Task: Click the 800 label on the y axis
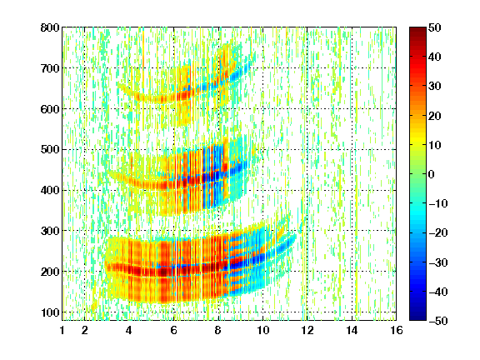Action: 50,27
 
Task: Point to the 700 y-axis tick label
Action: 50,68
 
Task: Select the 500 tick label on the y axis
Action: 50,150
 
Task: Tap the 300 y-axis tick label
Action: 50,231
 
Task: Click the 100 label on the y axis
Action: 50,312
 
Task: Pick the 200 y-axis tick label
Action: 50,272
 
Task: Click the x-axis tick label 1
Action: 62,330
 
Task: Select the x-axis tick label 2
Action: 84,330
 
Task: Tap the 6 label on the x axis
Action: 173,330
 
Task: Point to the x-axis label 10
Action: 262,330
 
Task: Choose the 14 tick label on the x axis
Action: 352,330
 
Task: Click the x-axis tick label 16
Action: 397,330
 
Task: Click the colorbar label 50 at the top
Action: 434,27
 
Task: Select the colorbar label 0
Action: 431,174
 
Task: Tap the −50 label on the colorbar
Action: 438,321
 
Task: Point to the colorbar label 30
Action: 434,87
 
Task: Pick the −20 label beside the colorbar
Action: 438,233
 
